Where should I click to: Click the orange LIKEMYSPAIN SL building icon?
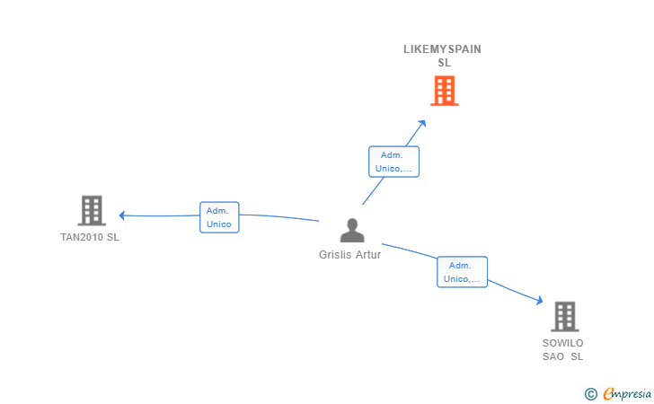[x=444, y=91]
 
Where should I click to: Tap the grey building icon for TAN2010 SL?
[x=92, y=211]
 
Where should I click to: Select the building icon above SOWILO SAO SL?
[x=565, y=316]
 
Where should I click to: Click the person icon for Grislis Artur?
[x=352, y=230]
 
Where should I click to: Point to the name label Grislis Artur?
[x=350, y=255]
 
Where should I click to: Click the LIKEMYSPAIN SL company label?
[x=443, y=56]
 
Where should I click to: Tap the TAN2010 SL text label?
[x=90, y=237]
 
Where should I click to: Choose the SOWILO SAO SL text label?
[x=562, y=350]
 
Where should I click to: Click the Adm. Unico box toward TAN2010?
[x=219, y=217]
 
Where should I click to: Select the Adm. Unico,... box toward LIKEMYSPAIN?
[x=393, y=162]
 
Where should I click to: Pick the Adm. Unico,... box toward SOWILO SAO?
[x=462, y=272]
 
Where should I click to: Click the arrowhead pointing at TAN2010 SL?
[x=122, y=215]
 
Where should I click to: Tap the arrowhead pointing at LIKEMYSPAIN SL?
[x=422, y=124]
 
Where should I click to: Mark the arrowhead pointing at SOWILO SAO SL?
[x=539, y=300]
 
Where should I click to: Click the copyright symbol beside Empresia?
[x=590, y=394]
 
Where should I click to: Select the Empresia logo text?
[x=627, y=394]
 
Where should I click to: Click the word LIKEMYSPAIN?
[x=443, y=49]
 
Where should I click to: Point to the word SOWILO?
[x=562, y=343]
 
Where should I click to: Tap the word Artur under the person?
[x=368, y=255]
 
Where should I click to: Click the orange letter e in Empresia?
[x=608, y=394]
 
